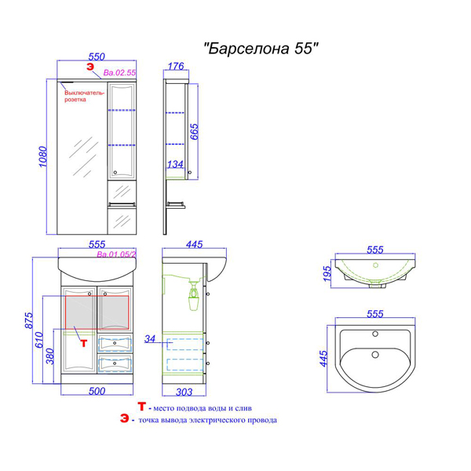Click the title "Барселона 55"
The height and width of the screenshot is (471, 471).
261,48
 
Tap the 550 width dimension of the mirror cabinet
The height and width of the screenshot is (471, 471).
97,57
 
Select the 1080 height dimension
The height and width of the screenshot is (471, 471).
43,156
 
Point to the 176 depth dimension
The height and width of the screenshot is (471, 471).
176,66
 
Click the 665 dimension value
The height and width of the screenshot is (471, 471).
195,131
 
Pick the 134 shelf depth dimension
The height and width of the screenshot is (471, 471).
175,164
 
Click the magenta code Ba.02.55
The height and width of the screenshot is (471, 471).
119,73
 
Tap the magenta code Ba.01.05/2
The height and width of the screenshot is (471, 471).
116,254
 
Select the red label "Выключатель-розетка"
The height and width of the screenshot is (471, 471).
85,96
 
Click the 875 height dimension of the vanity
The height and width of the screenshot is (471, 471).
29,320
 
